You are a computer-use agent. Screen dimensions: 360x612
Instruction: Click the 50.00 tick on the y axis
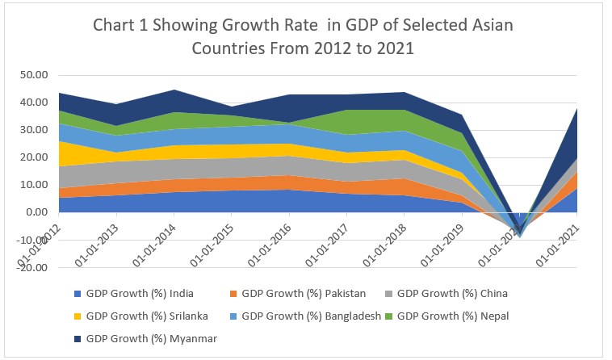pyautogui.click(x=36, y=76)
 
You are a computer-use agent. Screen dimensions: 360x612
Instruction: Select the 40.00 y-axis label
pyautogui.click(x=36, y=103)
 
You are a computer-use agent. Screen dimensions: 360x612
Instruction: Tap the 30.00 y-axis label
pyautogui.click(x=36, y=131)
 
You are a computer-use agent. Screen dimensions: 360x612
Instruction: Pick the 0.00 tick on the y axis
pyautogui.click(x=40, y=212)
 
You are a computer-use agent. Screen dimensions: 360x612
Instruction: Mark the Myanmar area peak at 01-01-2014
pyautogui.click(x=174, y=90)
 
